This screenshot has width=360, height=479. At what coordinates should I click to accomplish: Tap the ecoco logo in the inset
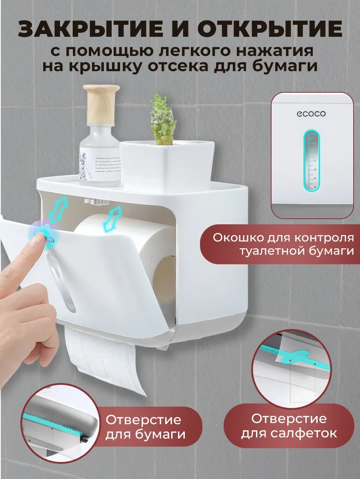(x=311, y=114)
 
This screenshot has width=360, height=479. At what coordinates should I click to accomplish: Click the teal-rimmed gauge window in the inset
(x=312, y=160)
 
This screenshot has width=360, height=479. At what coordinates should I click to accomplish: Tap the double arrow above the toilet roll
(x=112, y=219)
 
